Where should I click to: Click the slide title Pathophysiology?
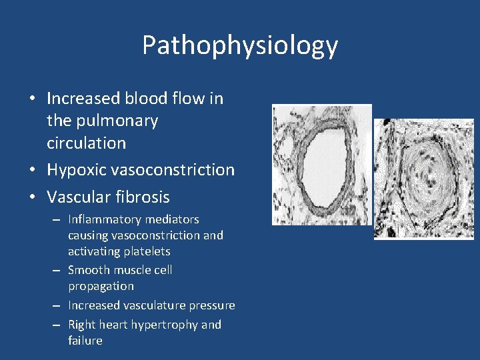pos(240,45)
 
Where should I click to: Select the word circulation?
pos(86,143)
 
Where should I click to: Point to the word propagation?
pos(101,286)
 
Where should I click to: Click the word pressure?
pos(212,305)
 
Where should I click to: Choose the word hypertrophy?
pos(167,325)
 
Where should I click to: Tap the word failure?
pos(85,341)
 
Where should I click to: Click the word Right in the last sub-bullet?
pos(81,325)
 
